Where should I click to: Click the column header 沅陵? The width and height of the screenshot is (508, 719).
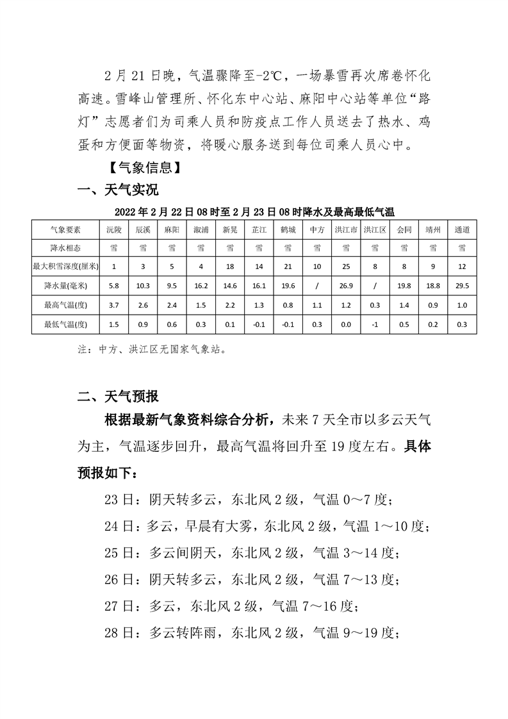click(x=113, y=229)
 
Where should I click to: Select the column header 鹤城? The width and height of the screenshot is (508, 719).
click(x=288, y=229)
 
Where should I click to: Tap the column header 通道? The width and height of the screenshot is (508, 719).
click(x=462, y=229)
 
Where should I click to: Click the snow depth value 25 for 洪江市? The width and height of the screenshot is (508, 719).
click(x=346, y=266)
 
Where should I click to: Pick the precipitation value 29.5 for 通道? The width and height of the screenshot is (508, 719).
click(x=462, y=287)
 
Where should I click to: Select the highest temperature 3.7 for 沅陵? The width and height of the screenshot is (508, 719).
click(x=113, y=306)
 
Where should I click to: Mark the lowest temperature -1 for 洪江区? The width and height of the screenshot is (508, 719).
click(x=375, y=325)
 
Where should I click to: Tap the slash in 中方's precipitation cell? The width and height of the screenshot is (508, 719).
click(x=316, y=287)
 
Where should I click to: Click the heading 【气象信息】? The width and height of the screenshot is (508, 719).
click(x=140, y=168)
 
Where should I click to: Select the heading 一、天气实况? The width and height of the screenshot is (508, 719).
click(x=118, y=190)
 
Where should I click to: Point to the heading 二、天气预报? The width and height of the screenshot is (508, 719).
click(x=118, y=395)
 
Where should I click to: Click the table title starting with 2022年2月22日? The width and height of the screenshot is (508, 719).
click(x=254, y=211)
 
